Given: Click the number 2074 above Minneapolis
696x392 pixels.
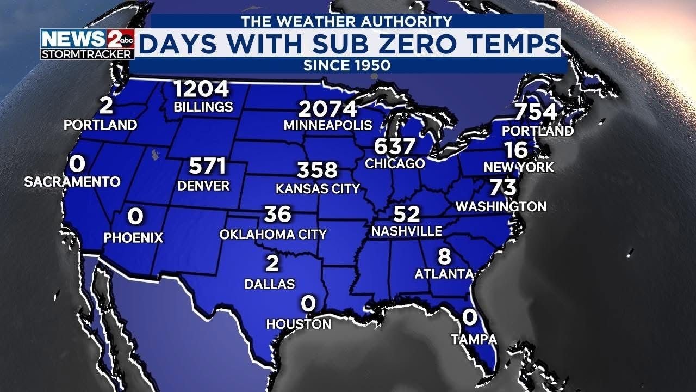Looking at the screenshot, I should (x=328, y=109).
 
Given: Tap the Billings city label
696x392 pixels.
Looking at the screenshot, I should (x=203, y=107).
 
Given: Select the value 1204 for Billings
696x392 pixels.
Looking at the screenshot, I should (x=201, y=89).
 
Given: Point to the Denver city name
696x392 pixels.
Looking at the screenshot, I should (x=204, y=186).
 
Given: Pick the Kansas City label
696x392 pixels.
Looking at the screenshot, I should (x=318, y=189).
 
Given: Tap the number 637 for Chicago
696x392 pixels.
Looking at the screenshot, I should (x=394, y=146).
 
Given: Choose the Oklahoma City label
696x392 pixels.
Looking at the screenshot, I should (x=273, y=234).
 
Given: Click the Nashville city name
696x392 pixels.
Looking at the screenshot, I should (x=407, y=231).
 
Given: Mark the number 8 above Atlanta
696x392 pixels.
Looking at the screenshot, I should (x=444, y=256).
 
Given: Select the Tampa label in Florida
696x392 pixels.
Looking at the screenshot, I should (x=474, y=340).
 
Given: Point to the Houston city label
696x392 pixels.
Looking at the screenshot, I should (x=299, y=324).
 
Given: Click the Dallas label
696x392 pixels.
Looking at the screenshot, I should (x=270, y=284).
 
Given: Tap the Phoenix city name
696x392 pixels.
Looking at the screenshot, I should (x=134, y=237).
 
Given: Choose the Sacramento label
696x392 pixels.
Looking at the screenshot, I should (x=72, y=182).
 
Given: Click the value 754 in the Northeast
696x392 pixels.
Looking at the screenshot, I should (x=536, y=112).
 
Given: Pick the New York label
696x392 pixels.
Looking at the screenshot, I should (x=519, y=167).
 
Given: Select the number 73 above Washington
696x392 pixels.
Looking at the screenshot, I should (x=503, y=188).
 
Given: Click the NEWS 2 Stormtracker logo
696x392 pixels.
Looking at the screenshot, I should (x=87, y=44).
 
